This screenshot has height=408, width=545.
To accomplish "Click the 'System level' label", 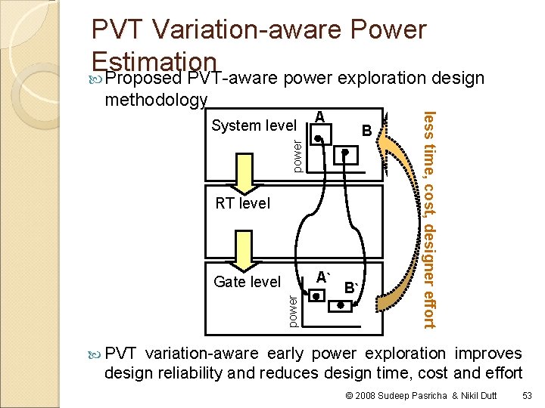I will coord(254,125).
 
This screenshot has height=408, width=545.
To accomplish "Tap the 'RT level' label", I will coord(242,203).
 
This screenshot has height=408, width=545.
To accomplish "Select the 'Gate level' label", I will coord(247,282).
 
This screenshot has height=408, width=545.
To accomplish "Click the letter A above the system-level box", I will coord(319,117).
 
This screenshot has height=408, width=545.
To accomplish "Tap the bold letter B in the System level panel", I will coord(366,130).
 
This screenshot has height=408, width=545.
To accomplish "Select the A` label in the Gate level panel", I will coord(324,277).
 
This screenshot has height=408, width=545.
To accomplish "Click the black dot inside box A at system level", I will coord(320,139).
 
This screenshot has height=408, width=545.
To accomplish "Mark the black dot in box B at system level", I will coord(344,151).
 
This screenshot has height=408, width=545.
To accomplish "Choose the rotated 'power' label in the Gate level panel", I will coord(294,311).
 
